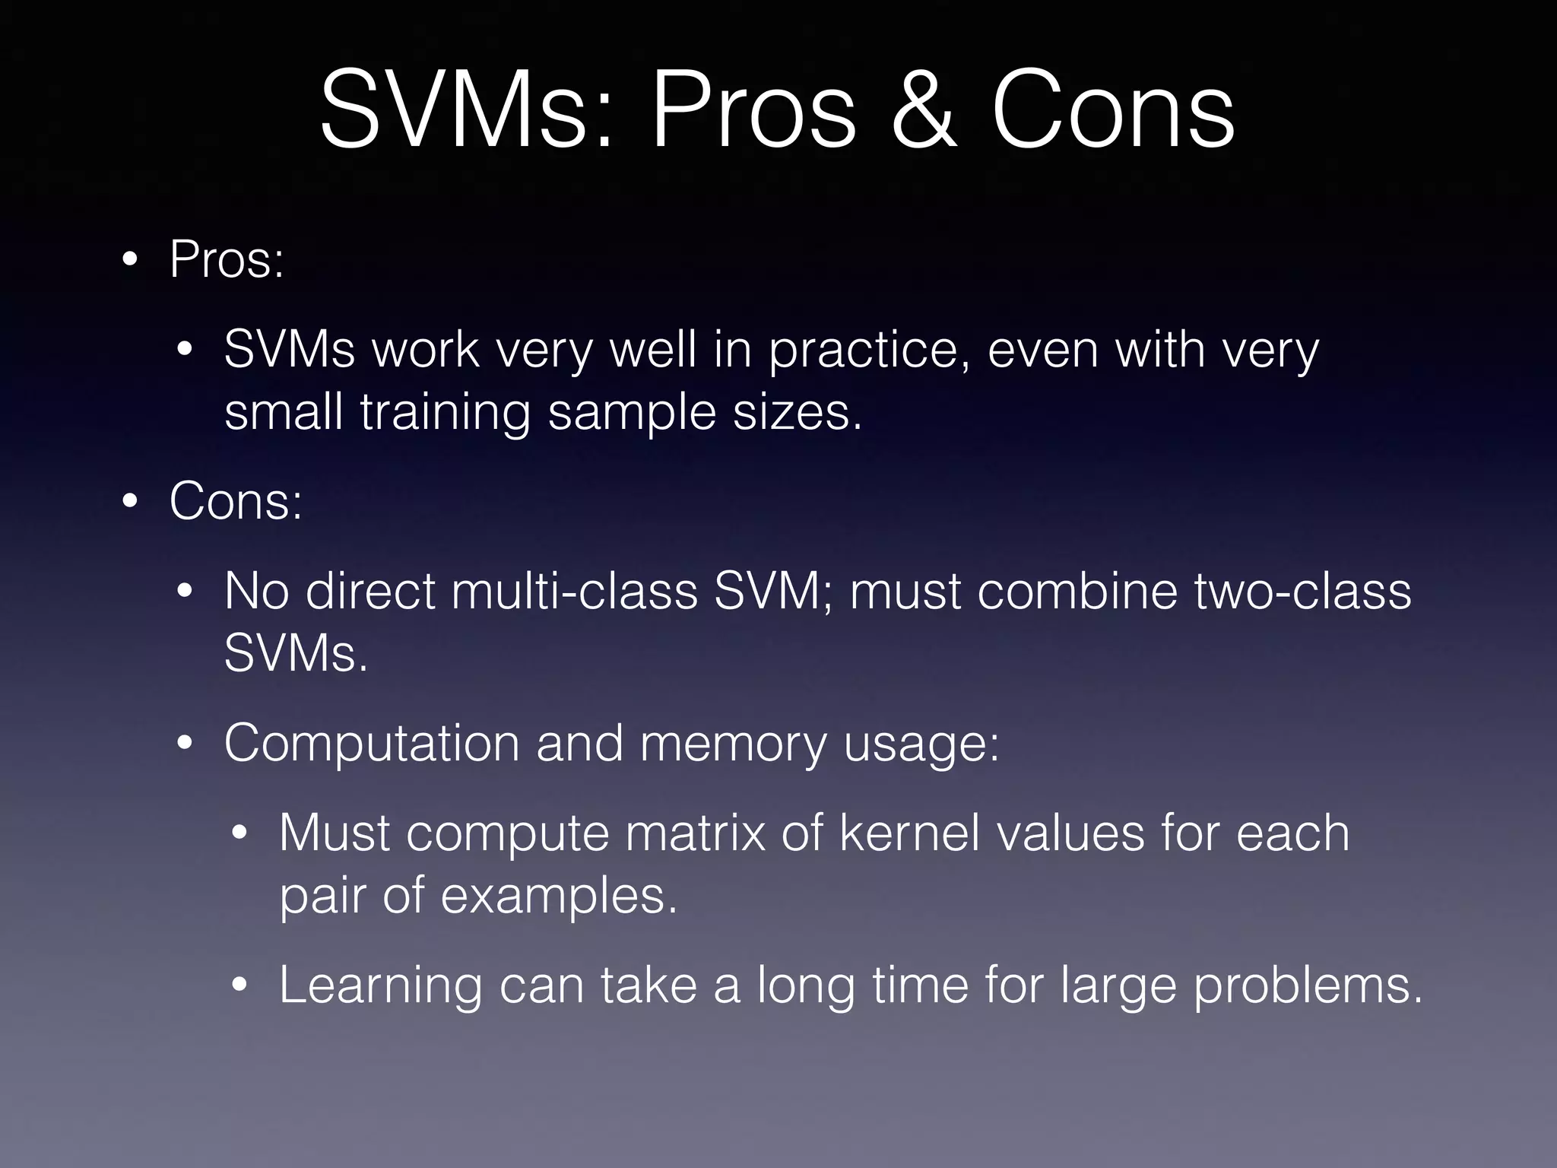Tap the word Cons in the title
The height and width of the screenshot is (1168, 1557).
click(x=1112, y=110)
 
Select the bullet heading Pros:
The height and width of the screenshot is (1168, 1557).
click(x=227, y=260)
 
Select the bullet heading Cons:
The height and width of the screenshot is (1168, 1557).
click(x=236, y=502)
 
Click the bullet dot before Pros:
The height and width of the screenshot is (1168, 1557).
click(x=130, y=261)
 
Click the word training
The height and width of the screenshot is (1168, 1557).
click(x=446, y=413)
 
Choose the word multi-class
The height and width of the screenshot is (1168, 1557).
click(x=574, y=592)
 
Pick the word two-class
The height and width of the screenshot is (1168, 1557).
click(x=1302, y=592)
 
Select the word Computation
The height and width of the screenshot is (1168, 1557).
click(x=372, y=744)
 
